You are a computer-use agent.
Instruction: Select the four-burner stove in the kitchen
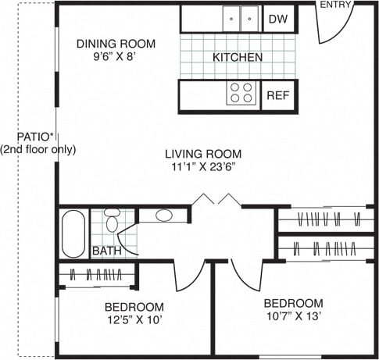click(242, 94)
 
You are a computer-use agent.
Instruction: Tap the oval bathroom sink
click(164, 216)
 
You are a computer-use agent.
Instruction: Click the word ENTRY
click(336, 5)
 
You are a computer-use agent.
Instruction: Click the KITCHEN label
click(238, 57)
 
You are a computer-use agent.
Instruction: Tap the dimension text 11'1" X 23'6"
click(202, 166)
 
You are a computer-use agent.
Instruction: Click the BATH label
click(106, 251)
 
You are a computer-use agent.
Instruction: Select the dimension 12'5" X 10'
click(135, 320)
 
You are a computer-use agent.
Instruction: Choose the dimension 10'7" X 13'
click(292, 316)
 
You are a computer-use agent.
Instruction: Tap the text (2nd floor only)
click(38, 149)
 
